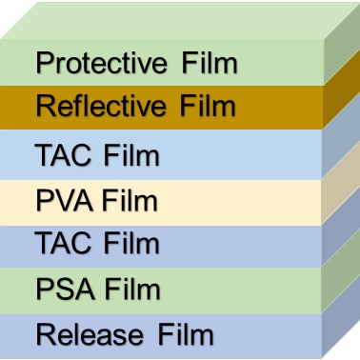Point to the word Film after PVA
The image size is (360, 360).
pyautogui.click(x=129, y=202)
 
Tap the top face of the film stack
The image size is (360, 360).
pyautogui.click(x=181, y=19)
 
